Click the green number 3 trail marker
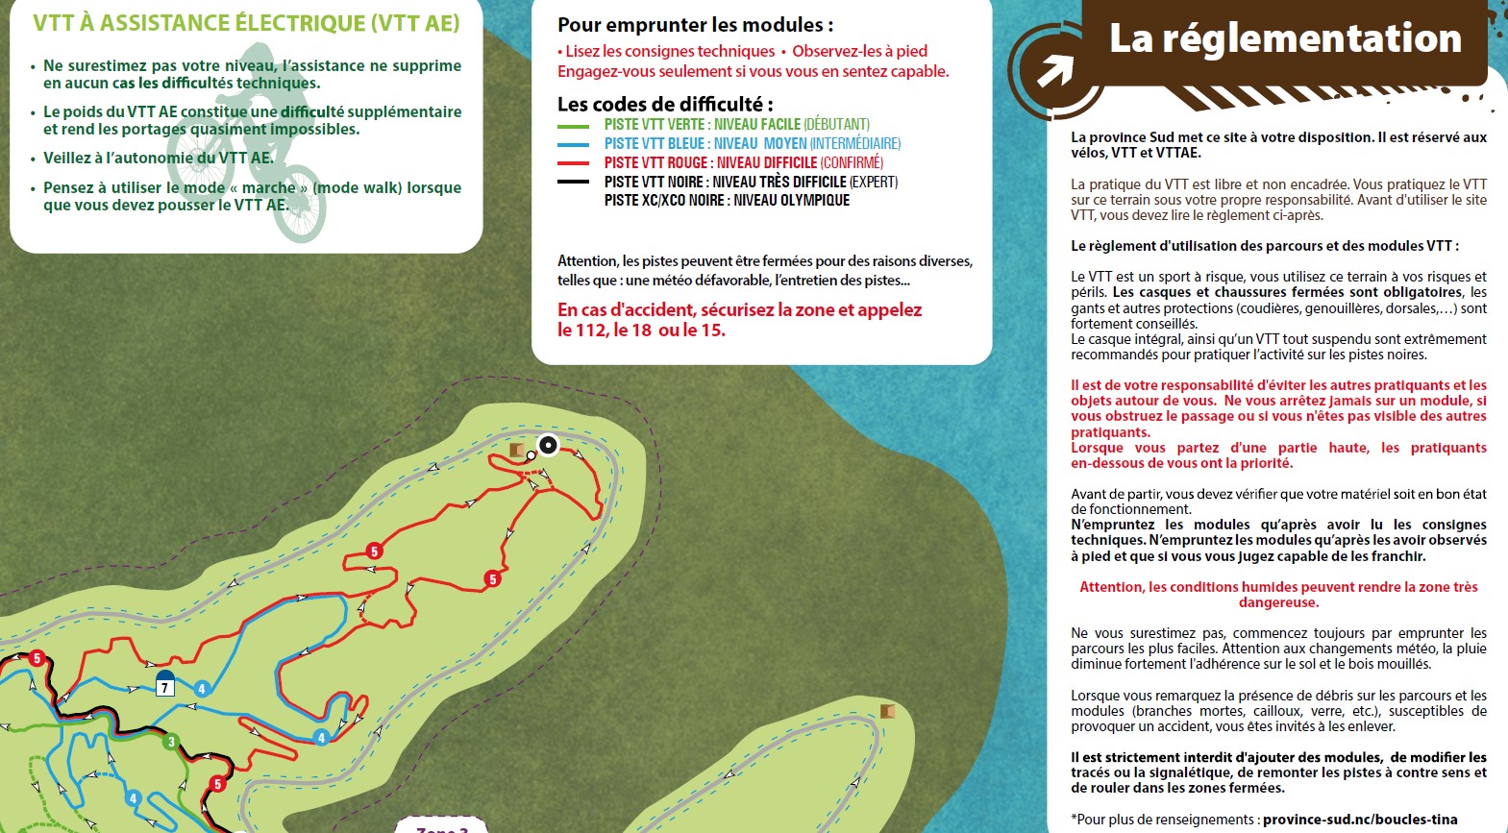point(171,742)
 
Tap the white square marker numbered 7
point(165,686)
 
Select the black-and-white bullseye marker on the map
point(548,445)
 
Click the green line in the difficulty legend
point(574,126)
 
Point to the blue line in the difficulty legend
point(574,145)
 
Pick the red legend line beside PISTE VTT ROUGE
point(574,163)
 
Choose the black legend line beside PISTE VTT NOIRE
point(574,182)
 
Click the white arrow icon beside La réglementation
point(1055,70)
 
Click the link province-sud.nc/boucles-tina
point(1360,820)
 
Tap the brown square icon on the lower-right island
point(887,711)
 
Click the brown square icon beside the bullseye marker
point(517,450)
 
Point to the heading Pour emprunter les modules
point(695,25)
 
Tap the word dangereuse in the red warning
point(1278,602)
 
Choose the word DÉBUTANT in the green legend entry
point(836,125)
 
